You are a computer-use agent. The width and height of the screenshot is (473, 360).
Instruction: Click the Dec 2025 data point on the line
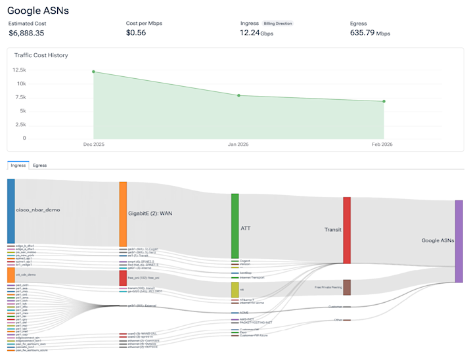tap(93, 72)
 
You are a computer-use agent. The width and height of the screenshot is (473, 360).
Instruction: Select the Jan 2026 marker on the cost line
tap(238, 96)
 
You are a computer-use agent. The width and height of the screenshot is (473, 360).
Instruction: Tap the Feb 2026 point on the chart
tap(384, 101)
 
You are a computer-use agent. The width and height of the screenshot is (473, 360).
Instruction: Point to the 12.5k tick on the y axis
tap(19, 70)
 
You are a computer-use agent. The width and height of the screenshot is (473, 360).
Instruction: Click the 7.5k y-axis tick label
tap(20, 97)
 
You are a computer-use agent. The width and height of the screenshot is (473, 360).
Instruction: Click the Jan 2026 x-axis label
tap(238, 144)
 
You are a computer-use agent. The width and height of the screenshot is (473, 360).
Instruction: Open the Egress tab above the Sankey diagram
tap(39, 166)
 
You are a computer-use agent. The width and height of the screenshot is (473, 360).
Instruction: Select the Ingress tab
tap(18, 166)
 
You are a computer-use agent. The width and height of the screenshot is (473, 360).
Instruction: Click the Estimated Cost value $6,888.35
tap(26, 33)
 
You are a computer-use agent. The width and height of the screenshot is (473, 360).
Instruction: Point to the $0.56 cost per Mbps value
tap(136, 33)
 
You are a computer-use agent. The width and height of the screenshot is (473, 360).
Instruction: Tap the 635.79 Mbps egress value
tap(370, 33)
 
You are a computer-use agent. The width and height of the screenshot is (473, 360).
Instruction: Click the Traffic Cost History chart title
tap(41, 55)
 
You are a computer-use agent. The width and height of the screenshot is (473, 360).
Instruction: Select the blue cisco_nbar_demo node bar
tap(11, 210)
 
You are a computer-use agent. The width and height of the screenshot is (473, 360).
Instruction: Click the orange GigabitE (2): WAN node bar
tap(123, 214)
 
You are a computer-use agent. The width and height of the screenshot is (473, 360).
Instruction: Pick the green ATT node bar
tap(235, 226)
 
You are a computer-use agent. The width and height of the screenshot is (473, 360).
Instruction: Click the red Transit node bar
tap(346, 230)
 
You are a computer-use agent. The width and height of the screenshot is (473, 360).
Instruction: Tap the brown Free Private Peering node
tap(346, 287)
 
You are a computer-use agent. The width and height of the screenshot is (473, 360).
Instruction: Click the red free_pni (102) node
tap(123, 278)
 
